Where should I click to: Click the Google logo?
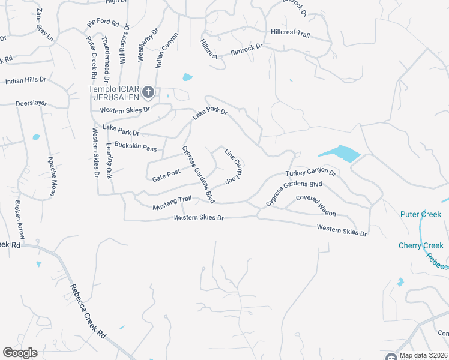click(20, 353)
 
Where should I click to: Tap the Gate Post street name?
click(166, 175)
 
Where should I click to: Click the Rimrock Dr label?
click(247, 49)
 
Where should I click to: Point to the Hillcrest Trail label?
click(290, 34)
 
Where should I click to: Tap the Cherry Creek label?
click(421, 245)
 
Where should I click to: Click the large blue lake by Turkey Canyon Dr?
click(338, 154)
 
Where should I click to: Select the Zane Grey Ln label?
click(44, 25)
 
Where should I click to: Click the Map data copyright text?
click(421, 355)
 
